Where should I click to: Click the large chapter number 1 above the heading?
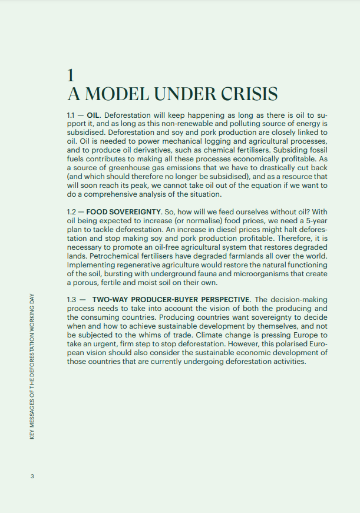[x=71, y=75]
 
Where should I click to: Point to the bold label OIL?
[x=93, y=115]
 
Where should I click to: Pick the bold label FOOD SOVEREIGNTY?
[x=123, y=211]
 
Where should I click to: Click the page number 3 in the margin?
[x=33, y=476]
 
